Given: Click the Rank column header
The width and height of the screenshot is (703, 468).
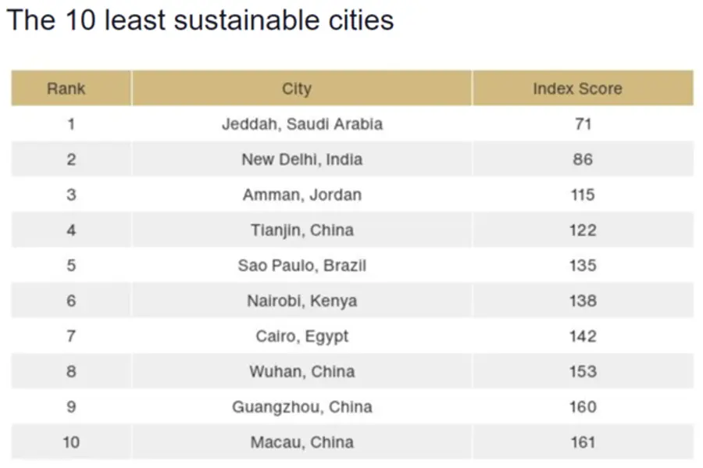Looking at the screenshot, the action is tap(66, 89).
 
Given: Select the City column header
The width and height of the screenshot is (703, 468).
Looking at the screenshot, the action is tap(296, 89).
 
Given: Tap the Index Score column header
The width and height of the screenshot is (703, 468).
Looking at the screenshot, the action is tap(577, 89).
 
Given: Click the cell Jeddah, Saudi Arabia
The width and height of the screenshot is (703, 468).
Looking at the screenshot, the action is tap(302, 124).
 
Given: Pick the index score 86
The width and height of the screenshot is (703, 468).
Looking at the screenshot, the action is tap(583, 159).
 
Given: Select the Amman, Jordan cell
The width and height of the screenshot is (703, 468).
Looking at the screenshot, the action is tap(302, 195).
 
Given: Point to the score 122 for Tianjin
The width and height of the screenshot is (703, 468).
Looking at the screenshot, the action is tap(583, 230).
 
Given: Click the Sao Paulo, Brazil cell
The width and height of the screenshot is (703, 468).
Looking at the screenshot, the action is tap(302, 266).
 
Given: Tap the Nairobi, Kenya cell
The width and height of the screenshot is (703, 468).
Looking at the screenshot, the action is tap(302, 301).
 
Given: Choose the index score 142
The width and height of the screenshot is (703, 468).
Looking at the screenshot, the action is tap(583, 336).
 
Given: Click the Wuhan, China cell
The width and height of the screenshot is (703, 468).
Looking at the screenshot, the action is tap(302, 372).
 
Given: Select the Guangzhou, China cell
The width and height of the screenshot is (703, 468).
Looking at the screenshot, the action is tap(302, 407).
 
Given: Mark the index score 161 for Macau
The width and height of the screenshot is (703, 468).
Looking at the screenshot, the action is tap(583, 442).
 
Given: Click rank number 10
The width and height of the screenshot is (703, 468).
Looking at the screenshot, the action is tap(71, 442).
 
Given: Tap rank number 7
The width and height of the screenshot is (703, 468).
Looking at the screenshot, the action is tap(71, 336).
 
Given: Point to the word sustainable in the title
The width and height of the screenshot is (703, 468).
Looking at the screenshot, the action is tap(244, 20).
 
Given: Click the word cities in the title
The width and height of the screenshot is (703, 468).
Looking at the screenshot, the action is tap(362, 20).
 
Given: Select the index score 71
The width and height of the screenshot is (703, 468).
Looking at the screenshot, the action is tap(583, 124).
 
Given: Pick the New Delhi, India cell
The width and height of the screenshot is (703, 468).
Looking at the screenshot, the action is tap(302, 159).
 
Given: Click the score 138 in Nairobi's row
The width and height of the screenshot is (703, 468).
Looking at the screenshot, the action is tap(583, 301).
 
